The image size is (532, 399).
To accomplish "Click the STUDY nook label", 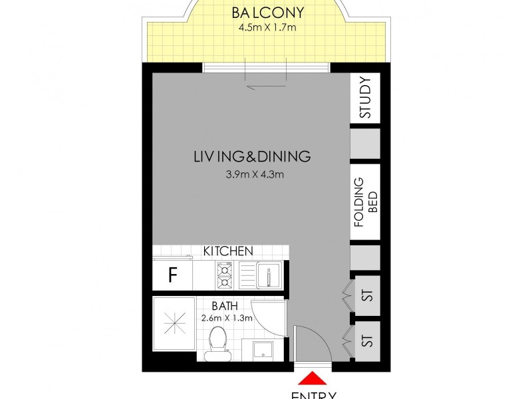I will click(x=365, y=98).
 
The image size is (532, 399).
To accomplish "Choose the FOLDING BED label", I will click(x=365, y=202).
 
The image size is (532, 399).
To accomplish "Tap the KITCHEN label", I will click(x=228, y=251).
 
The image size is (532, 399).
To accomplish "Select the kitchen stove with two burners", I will click(x=223, y=275).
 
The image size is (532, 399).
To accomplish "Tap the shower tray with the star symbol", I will click(x=175, y=329).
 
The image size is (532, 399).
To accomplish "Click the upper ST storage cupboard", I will click(x=365, y=295).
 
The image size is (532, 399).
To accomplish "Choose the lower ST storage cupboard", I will click(x=365, y=341).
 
